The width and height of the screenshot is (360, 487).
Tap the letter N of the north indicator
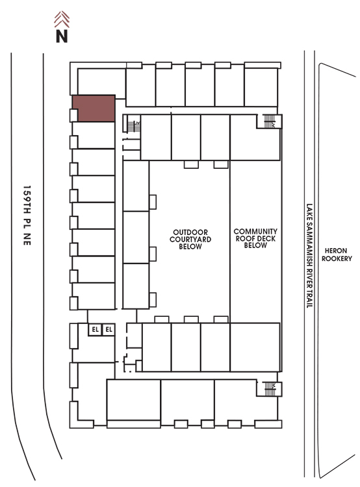click(x=62, y=36)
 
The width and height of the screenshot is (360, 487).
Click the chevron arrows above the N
click(x=62, y=19)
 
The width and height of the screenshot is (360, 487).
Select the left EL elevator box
click(x=95, y=329)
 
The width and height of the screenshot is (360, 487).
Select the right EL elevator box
click(x=109, y=329)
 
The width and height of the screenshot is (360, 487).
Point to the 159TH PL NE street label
click(x=27, y=216)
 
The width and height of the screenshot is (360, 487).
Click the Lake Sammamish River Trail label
click(x=309, y=256)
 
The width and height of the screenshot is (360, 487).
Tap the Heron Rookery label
click(x=337, y=255)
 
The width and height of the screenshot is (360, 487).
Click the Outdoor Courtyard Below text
click(x=190, y=240)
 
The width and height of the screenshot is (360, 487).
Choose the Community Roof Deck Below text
click(x=255, y=238)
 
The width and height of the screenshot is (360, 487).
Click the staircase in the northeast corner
click(x=269, y=121)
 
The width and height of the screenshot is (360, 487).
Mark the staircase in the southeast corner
click(x=270, y=388)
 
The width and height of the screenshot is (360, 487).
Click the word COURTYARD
click(x=190, y=240)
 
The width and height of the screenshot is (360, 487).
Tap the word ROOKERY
click(x=337, y=258)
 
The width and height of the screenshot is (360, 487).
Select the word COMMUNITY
click(x=255, y=231)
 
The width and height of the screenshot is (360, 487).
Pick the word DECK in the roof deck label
click(x=266, y=238)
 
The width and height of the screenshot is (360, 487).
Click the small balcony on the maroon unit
click(x=73, y=115)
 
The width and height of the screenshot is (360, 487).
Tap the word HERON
click(x=336, y=251)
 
